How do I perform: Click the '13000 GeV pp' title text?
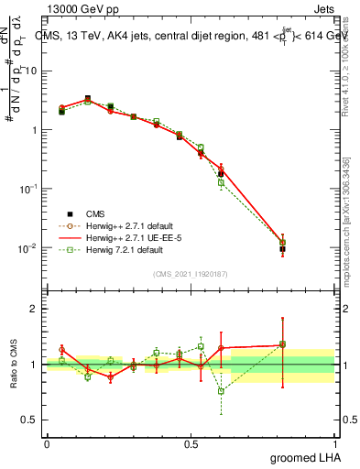pyautogui.click(x=80, y=9)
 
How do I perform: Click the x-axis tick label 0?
pyautogui.click(x=47, y=443)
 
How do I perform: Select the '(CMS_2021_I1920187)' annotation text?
pyautogui.click(x=191, y=274)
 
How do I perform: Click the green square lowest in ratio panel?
pyautogui.click(x=221, y=391)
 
